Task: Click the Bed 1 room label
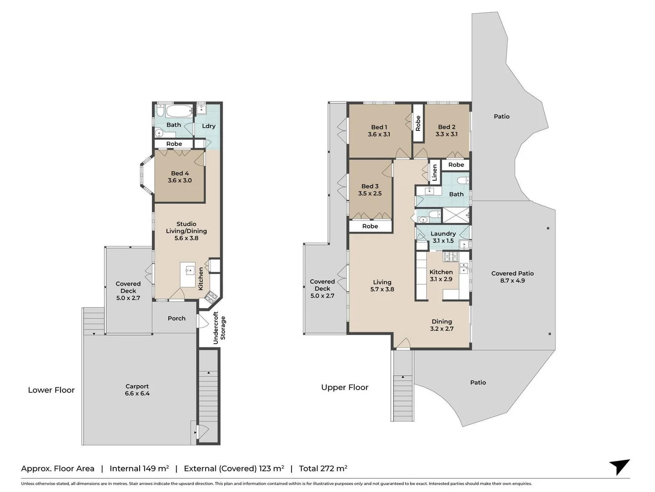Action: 379,128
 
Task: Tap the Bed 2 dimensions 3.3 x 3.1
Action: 446,134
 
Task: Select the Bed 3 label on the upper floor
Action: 370,186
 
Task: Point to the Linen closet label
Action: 434,173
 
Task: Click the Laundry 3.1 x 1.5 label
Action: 443,237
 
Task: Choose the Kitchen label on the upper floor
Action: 441,272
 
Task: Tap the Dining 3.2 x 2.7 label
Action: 442,325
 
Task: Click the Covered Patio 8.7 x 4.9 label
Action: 512,277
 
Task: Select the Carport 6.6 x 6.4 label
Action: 137,389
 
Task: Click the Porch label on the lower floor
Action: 176,318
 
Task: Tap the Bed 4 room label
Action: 180,174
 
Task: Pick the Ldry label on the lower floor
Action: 208,126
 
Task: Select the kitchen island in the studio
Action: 188,274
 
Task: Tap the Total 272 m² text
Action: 323,468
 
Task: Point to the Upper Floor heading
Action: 344,387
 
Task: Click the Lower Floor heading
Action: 51,390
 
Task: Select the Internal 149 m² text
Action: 139,468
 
